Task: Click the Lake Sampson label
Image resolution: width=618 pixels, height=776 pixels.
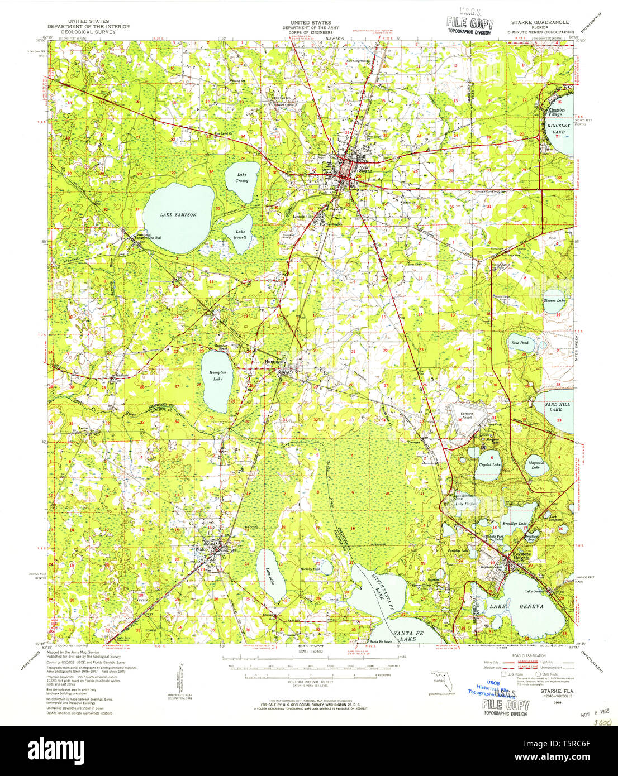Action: click(178, 215)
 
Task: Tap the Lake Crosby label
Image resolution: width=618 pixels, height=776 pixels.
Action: click(241, 178)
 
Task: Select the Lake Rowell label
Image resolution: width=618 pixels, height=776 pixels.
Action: click(240, 234)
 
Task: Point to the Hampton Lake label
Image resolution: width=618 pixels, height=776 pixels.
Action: click(217, 376)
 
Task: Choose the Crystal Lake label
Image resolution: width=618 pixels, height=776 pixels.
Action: click(489, 464)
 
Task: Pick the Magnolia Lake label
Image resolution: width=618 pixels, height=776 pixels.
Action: click(535, 464)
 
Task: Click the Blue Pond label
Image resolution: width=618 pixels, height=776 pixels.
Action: click(519, 343)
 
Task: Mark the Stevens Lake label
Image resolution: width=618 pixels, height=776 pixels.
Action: click(554, 301)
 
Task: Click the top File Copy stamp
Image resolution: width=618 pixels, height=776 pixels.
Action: click(469, 23)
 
